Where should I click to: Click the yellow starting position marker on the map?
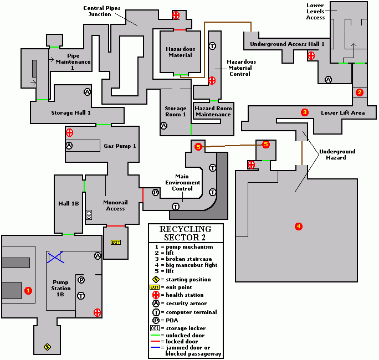coord(47,347)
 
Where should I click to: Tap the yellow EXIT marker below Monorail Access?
coord(116,242)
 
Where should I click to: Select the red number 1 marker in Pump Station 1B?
coord(29,290)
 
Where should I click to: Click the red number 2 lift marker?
coord(359,92)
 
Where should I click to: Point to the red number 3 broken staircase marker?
coord(304,112)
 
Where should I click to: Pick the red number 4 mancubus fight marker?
coord(299,226)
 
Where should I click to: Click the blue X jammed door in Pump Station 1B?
coord(55,256)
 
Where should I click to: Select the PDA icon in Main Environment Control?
coord(156,192)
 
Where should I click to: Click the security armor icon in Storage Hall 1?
coord(87,91)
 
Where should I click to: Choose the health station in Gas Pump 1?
coord(69,132)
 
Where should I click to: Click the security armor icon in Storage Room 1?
coord(163,126)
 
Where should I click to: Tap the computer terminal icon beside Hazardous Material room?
coord(212,46)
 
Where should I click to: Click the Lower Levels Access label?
coord(315,11)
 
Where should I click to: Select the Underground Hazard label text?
coord(337,155)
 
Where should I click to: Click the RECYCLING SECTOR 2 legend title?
coord(185,233)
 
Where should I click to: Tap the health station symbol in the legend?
coord(156,295)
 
